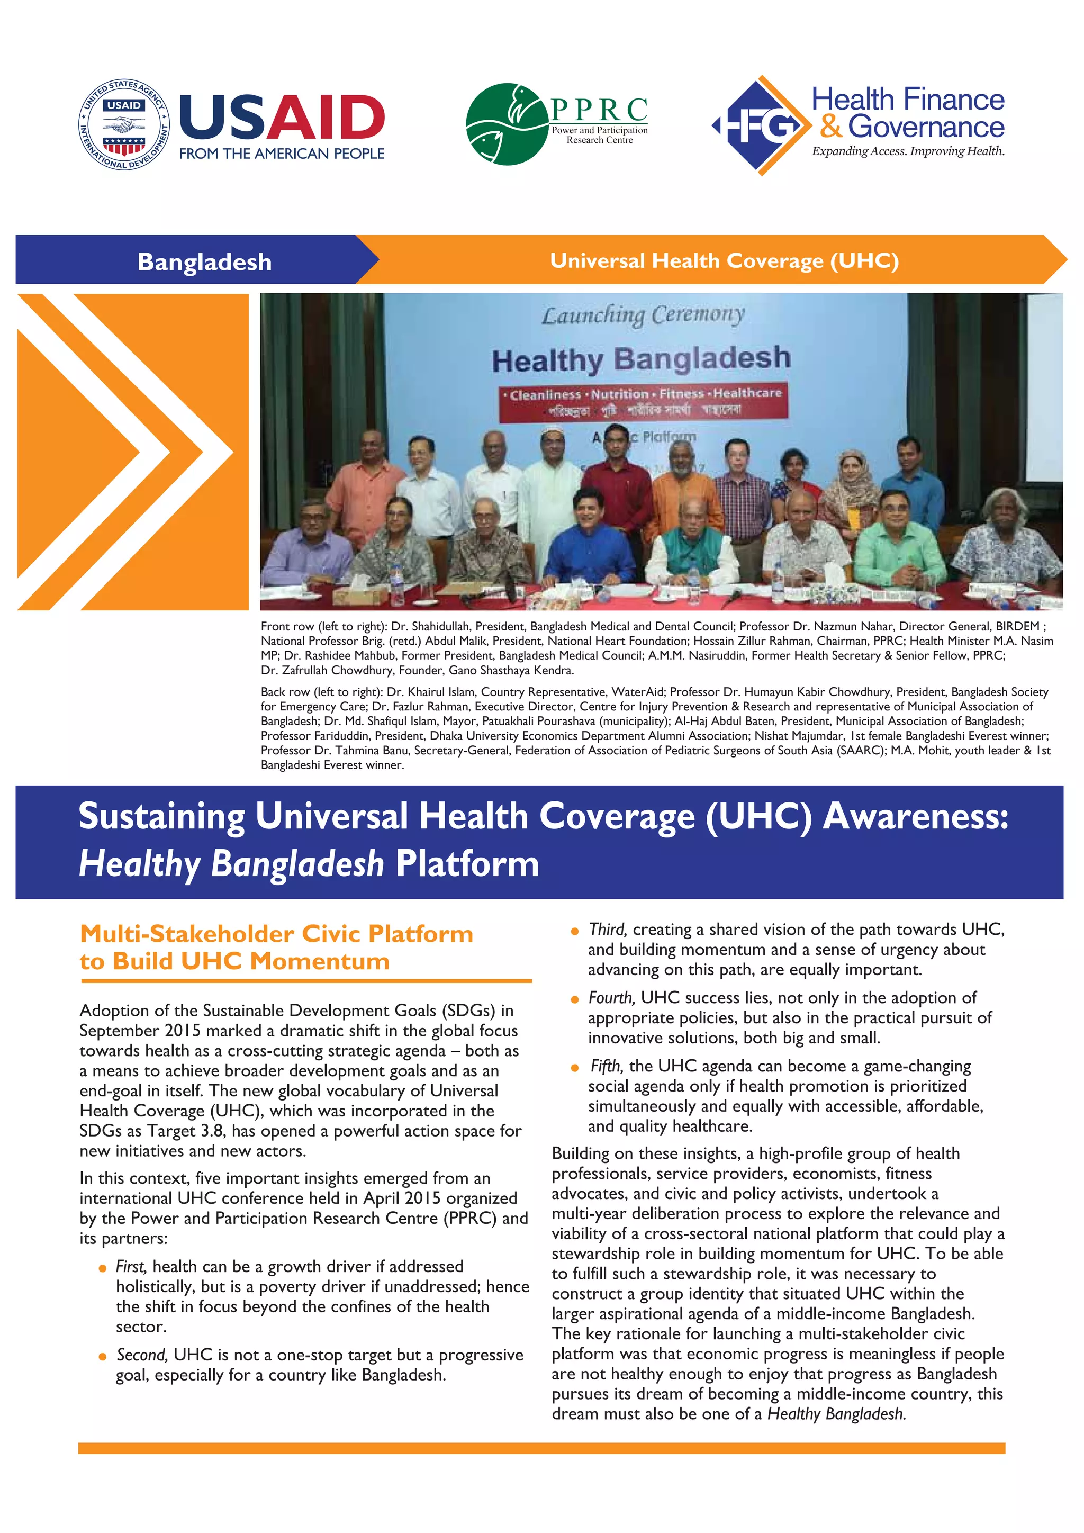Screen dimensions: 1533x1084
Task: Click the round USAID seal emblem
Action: [x=124, y=124]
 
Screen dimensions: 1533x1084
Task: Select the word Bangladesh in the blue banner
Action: [x=204, y=261]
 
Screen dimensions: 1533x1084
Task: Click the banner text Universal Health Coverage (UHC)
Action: [x=724, y=260]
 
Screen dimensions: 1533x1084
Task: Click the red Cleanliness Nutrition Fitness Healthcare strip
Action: [x=643, y=401]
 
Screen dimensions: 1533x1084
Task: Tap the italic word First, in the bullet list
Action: [x=131, y=1267]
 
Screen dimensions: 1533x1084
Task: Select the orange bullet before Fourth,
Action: [x=574, y=999]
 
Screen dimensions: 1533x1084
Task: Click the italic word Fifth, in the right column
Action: [x=606, y=1066]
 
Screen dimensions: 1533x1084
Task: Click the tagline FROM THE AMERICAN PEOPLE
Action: [x=282, y=154]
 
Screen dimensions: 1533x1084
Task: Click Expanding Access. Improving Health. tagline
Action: [x=908, y=151]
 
